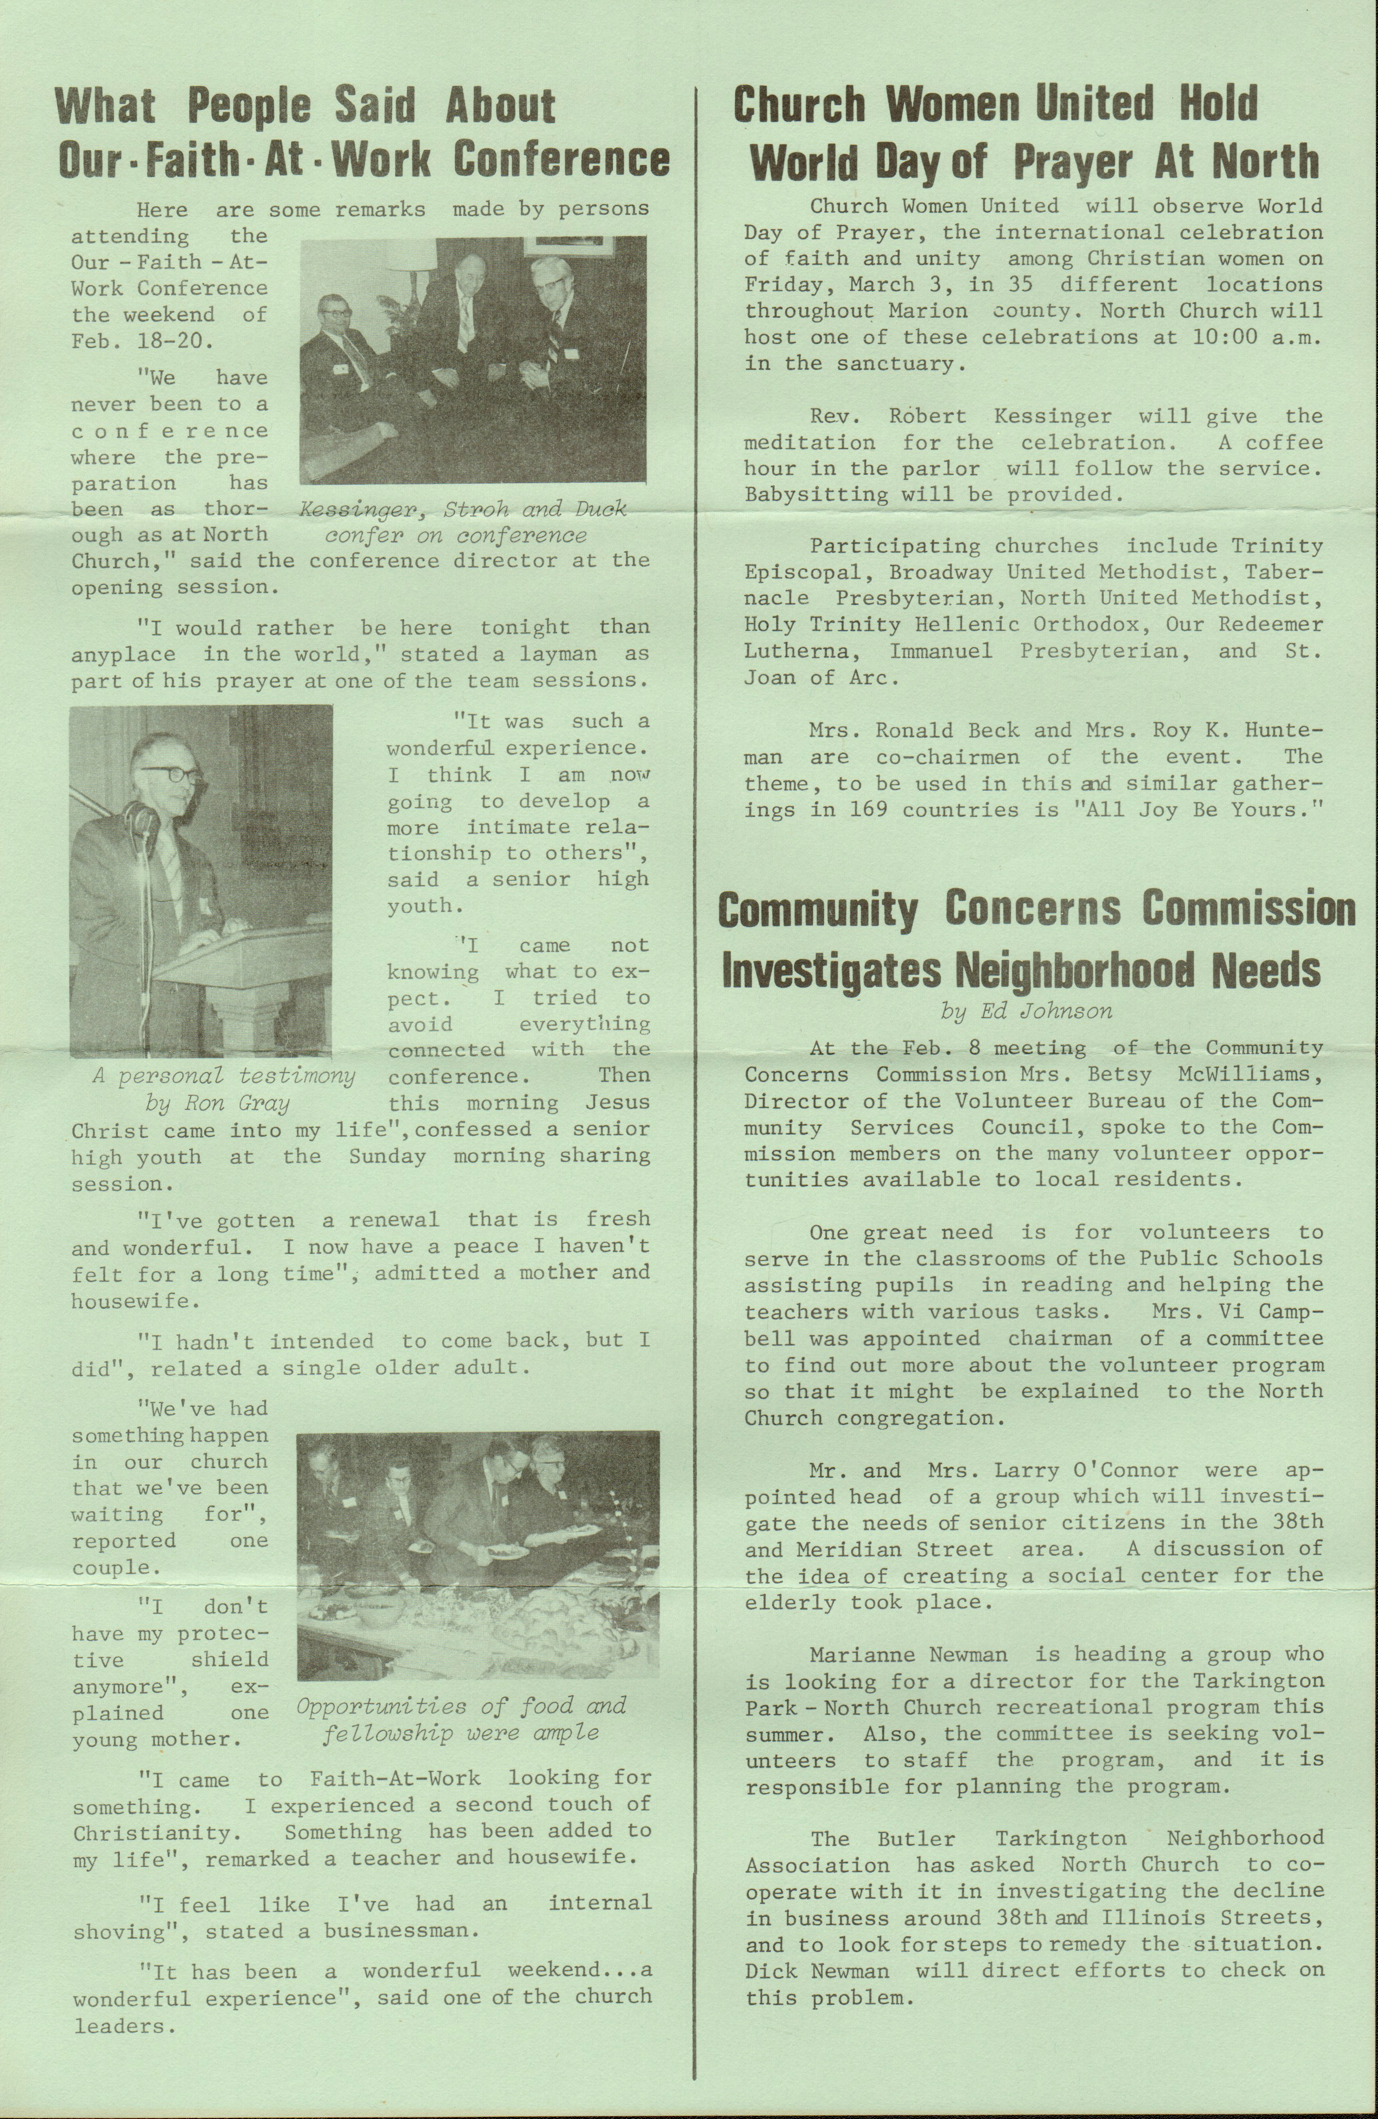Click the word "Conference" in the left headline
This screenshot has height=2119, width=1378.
coord(561,159)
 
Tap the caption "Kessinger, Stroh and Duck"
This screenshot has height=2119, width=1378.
coord(463,510)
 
